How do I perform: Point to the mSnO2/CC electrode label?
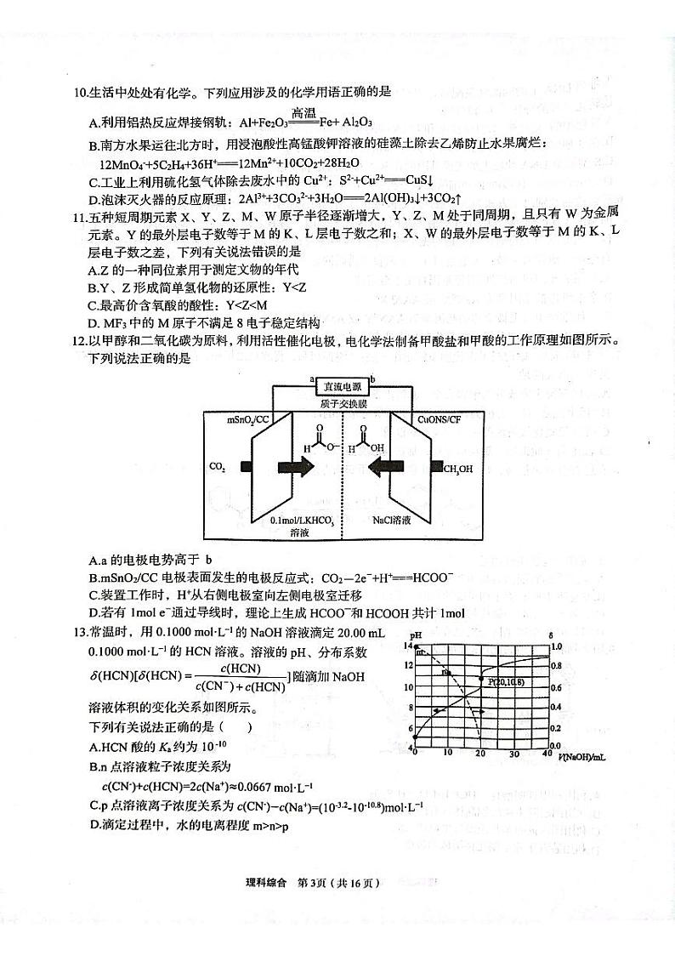pyautogui.click(x=249, y=420)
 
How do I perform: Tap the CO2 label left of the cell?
pyautogui.click(x=217, y=466)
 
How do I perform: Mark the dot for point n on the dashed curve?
pyautogui.click(x=448, y=672)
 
